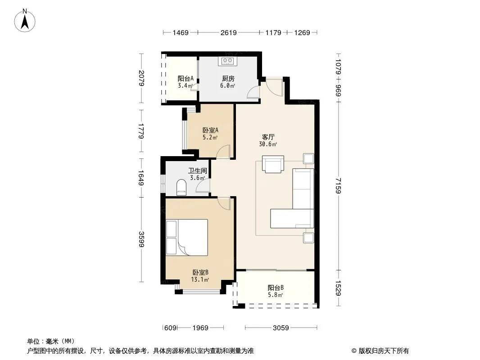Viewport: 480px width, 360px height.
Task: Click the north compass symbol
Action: pyautogui.click(x=26, y=20)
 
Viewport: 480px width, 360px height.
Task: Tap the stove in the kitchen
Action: pyautogui.click(x=226, y=61)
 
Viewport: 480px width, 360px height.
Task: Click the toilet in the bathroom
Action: pyautogui.click(x=181, y=187)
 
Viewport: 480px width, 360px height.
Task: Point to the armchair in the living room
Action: pyautogui.click(x=273, y=164)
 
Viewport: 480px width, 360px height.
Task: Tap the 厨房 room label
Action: pyautogui.click(x=228, y=78)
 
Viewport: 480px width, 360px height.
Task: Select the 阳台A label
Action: pyautogui.click(x=186, y=78)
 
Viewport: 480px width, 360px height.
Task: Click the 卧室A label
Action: pyautogui.click(x=210, y=130)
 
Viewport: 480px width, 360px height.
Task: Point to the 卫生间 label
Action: pyautogui.click(x=197, y=171)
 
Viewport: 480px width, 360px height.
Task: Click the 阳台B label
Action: pyautogui.click(x=276, y=288)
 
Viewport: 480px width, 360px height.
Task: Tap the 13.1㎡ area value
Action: pyautogui.click(x=200, y=279)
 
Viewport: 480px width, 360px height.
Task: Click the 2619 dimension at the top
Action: pyautogui.click(x=229, y=33)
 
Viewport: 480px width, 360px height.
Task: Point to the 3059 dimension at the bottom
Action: pyautogui.click(x=281, y=328)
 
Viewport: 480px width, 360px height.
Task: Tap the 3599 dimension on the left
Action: pyautogui.click(x=141, y=240)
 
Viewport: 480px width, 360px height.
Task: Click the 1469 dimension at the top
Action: pyautogui.click(x=181, y=33)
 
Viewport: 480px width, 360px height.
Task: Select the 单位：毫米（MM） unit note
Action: pyautogui.click(x=50, y=341)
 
